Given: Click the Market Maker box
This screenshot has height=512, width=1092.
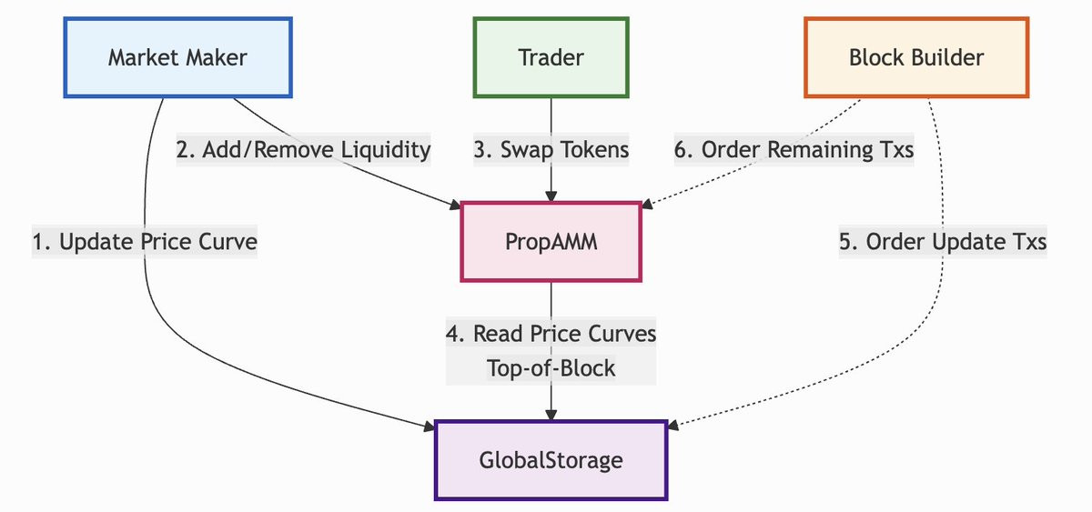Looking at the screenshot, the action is point(178,57).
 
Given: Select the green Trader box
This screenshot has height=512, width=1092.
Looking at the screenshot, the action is point(551,57).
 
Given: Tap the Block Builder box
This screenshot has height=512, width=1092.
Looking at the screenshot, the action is point(916,57).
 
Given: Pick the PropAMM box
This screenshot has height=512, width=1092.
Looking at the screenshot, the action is point(551,242).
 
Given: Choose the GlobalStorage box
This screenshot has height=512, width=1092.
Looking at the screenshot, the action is point(551,460).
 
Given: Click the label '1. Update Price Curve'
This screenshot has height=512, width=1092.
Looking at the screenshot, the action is point(145,242).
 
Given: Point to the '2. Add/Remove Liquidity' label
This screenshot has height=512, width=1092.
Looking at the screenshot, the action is point(303,149).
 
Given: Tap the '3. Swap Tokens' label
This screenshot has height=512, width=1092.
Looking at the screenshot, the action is point(551,149).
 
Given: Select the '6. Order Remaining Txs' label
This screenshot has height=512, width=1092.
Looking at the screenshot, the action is point(794,149).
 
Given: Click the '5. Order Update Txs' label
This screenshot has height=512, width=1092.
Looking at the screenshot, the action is point(943,242).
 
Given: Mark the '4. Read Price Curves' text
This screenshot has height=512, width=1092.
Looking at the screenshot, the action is point(551,334).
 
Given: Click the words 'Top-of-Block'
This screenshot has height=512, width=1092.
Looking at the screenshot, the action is point(551,368).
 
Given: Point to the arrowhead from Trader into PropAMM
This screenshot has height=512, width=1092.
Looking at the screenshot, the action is point(551,196).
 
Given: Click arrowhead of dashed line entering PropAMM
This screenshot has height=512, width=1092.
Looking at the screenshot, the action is point(647,204).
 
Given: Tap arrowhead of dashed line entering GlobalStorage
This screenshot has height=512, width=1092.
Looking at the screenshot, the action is point(673,426).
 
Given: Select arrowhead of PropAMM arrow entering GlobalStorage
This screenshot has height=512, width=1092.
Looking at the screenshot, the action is point(551,415).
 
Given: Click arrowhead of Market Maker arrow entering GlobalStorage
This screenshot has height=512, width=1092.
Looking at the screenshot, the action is point(429,427).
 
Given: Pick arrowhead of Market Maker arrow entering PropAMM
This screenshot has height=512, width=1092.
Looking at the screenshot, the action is point(455,206).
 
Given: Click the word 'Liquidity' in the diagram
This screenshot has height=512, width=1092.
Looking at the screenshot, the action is point(386,149).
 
